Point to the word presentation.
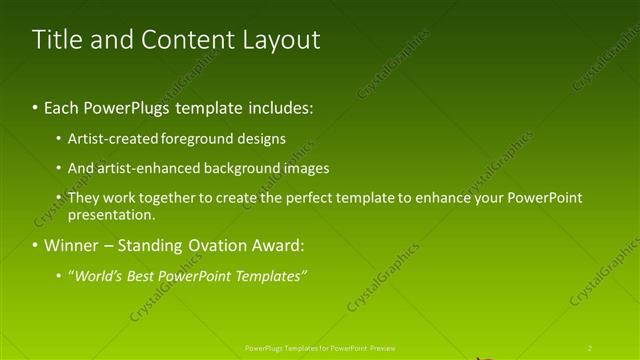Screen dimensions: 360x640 pos(111,215)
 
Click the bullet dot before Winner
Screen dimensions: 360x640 pos(35,245)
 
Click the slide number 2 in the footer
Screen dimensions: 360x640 pos(590,348)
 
